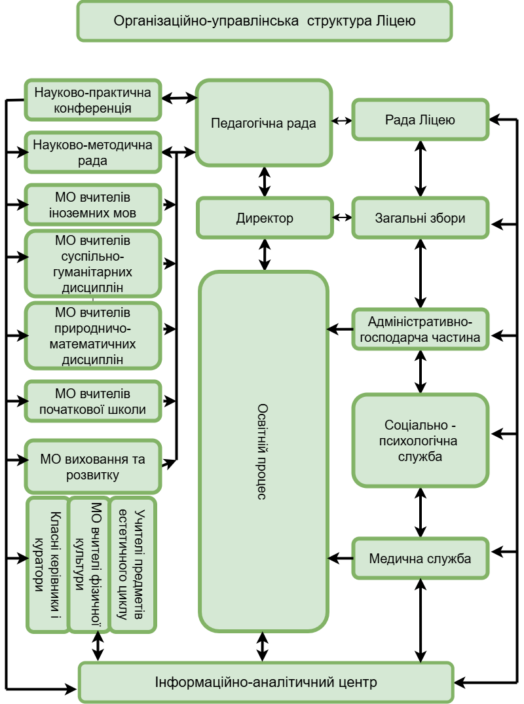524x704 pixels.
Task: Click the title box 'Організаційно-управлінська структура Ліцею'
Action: (265, 21)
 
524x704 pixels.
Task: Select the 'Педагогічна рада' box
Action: (264, 123)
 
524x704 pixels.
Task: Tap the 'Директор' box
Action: (265, 218)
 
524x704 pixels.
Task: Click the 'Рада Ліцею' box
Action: (421, 120)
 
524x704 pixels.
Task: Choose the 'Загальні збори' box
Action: (421, 218)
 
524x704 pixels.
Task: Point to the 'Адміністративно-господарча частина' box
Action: (421, 329)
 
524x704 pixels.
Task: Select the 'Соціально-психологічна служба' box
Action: (421, 441)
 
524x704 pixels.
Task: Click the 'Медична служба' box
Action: (421, 559)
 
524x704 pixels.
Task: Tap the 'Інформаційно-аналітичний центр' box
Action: (267, 682)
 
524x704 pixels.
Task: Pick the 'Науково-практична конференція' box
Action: (92, 100)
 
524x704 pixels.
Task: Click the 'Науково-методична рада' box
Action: (92, 153)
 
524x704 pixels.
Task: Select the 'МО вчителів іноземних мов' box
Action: (92, 205)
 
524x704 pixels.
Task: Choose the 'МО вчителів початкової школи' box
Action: (92, 401)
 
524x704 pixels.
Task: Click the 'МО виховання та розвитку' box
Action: (92, 467)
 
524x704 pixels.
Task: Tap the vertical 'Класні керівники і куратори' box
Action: (48, 565)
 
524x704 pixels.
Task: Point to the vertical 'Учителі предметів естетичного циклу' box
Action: (133, 565)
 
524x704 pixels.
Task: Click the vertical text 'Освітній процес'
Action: (263, 452)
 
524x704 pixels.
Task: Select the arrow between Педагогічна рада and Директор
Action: (265, 182)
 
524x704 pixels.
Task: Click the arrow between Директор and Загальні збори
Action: (342, 218)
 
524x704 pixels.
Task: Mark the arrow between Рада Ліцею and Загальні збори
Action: (421, 169)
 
